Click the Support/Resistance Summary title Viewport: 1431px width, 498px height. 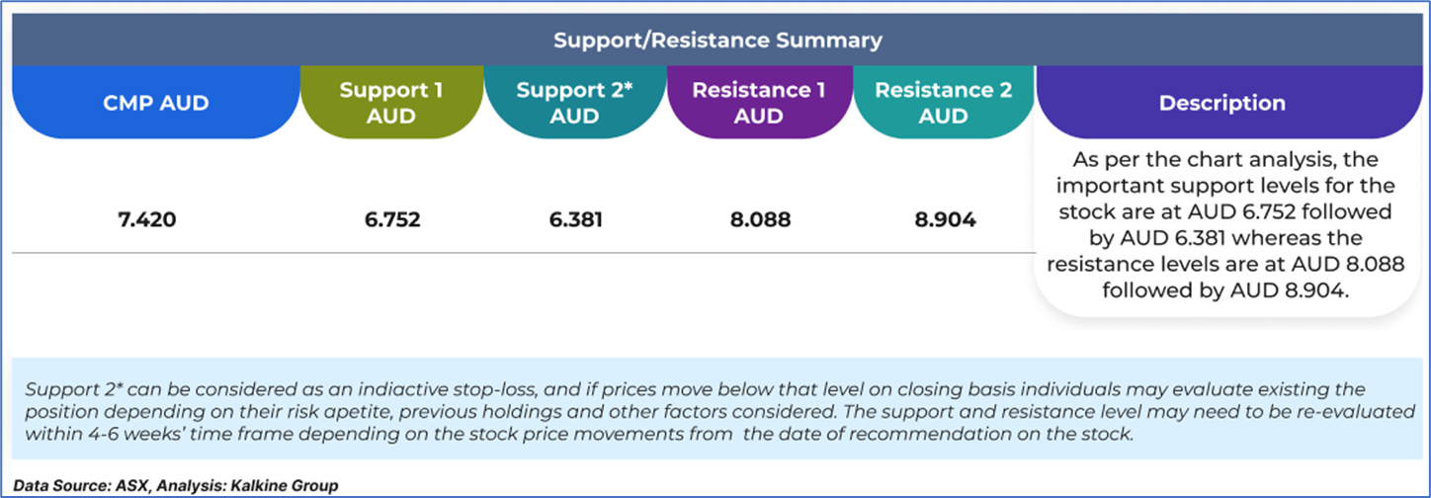point(717,41)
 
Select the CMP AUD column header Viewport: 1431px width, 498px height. point(156,103)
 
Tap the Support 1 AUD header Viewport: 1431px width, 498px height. point(391,103)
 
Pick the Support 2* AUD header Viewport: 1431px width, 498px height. point(574,103)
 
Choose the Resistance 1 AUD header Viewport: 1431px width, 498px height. point(759,103)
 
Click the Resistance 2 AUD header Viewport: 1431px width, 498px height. point(944,103)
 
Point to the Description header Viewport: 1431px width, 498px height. point(1222,103)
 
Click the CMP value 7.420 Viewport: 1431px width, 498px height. point(147,219)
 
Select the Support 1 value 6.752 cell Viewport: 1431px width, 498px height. point(392,219)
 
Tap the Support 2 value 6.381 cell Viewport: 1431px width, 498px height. point(575,219)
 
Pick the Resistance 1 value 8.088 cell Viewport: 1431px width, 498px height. point(760,219)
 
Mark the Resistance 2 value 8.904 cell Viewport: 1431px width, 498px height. point(945,219)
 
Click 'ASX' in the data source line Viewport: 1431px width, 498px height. point(132,486)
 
